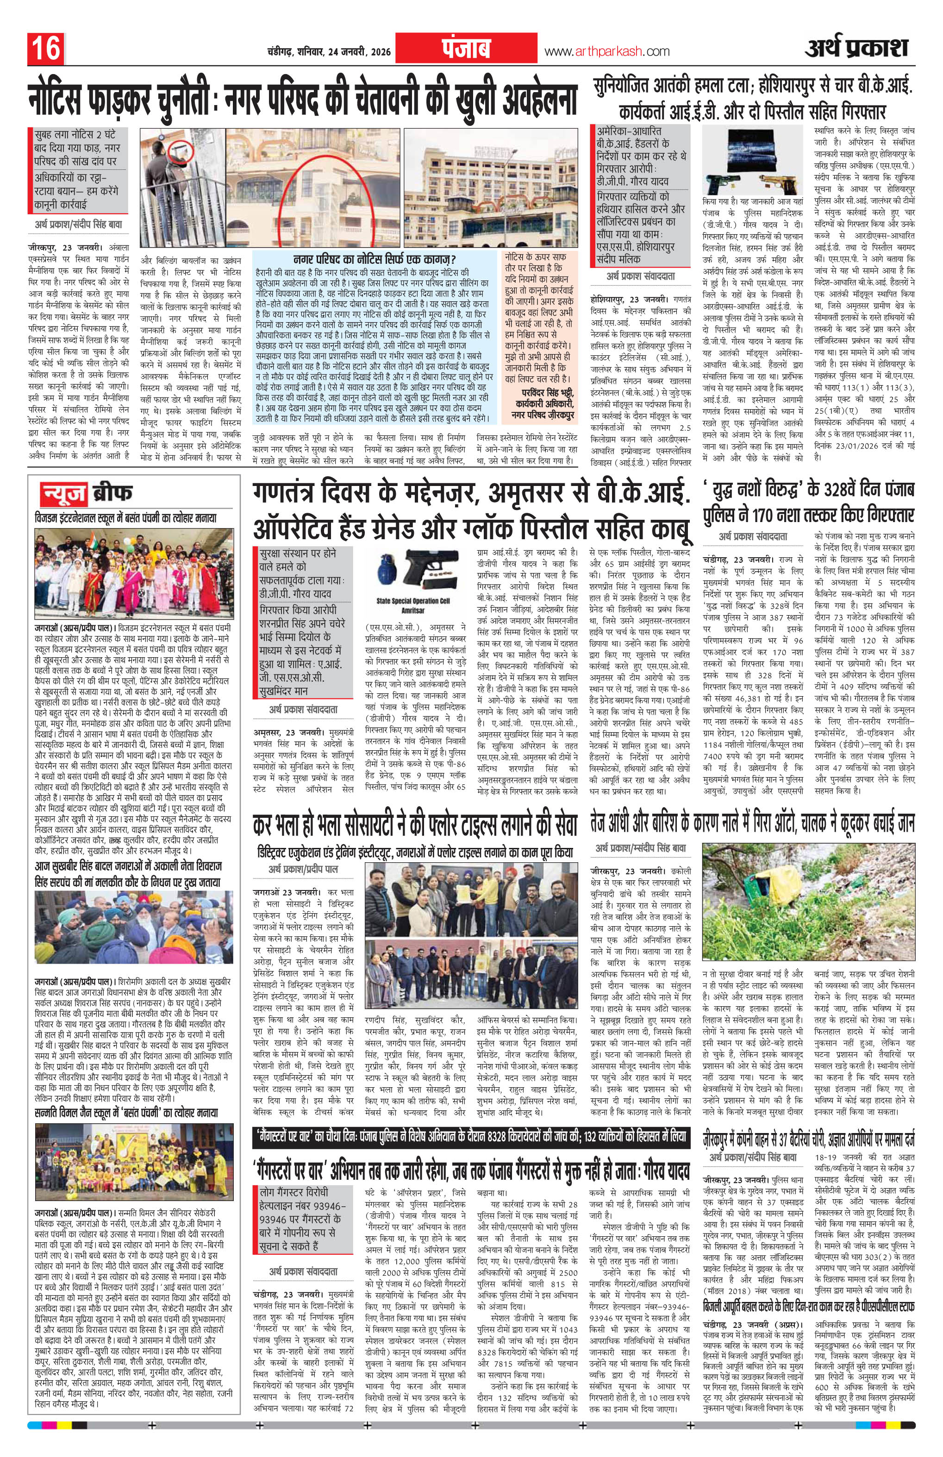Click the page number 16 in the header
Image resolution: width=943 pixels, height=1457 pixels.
45,48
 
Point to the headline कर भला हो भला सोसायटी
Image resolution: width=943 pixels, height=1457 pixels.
414,827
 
